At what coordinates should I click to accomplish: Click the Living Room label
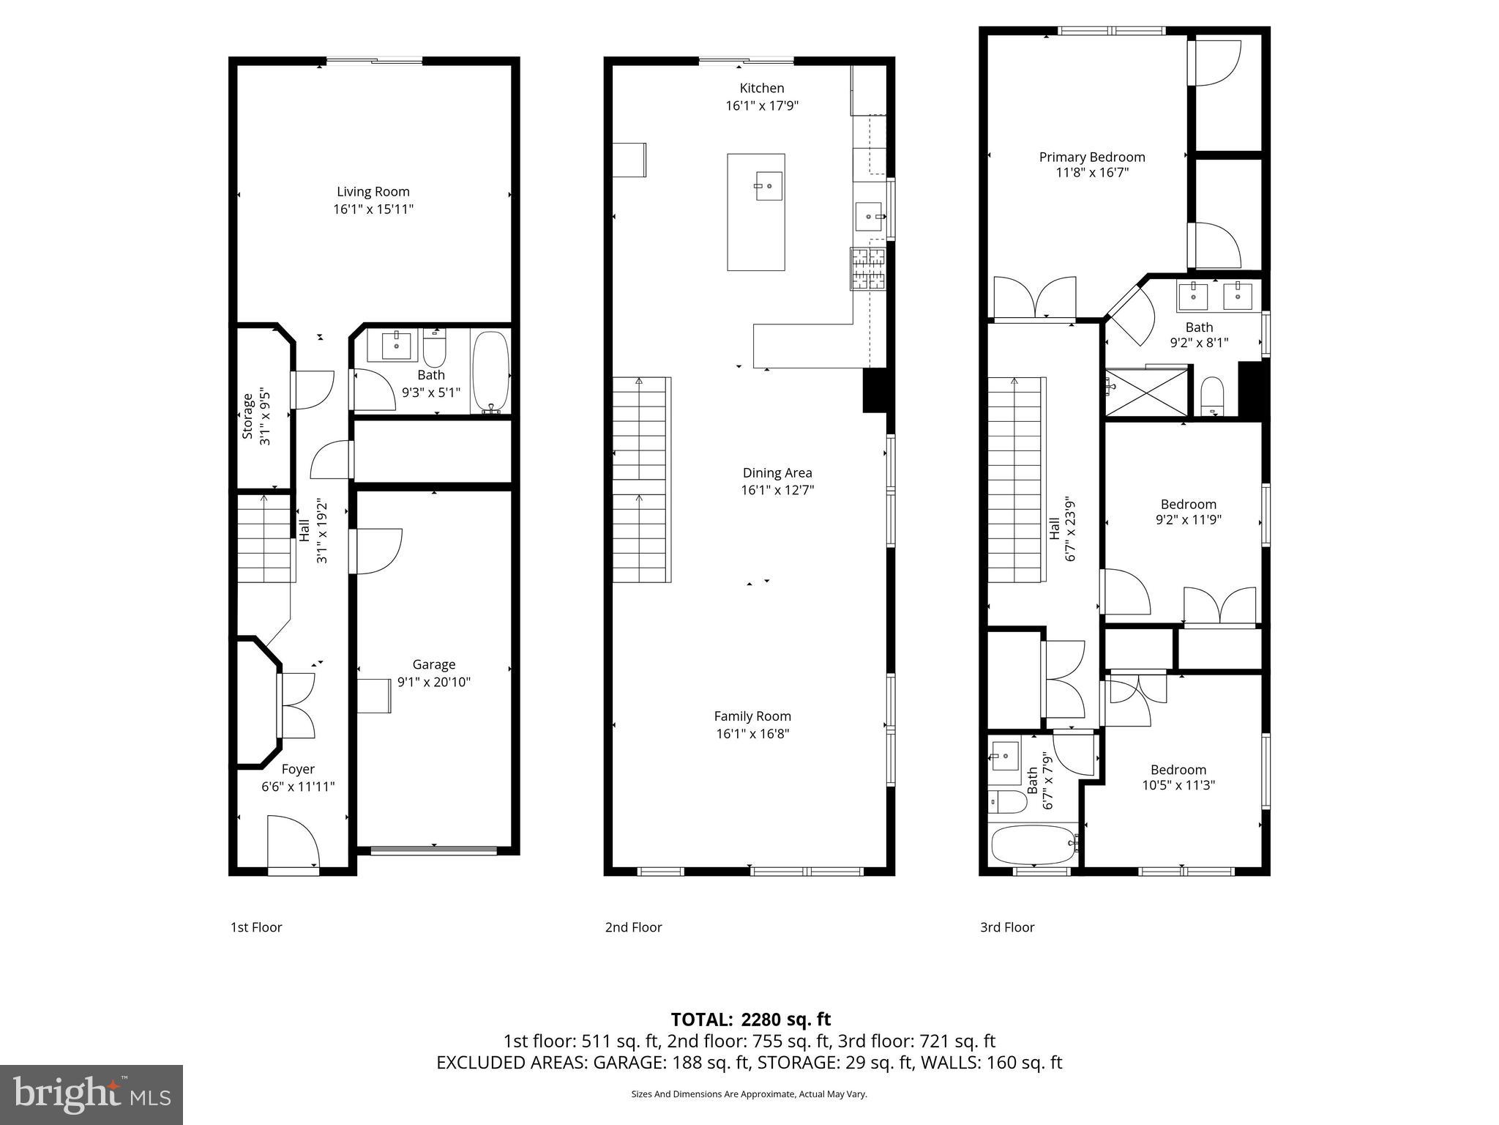point(373,192)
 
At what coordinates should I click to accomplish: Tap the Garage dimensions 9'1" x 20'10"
point(433,682)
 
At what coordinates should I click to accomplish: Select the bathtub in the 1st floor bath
point(490,372)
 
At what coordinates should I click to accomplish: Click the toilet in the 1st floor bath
point(434,350)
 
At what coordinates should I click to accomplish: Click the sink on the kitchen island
point(769,186)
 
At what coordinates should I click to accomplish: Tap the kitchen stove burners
point(867,269)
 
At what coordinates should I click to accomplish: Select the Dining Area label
point(777,473)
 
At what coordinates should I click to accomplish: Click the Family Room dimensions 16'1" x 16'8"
point(752,734)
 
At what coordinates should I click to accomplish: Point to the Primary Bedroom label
point(1092,157)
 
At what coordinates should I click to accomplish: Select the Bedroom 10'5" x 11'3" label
point(1178,770)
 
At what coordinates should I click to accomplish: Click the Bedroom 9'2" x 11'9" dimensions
point(1188,520)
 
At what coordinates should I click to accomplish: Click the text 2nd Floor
point(633,927)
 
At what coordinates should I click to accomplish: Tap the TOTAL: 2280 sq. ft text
point(750,1020)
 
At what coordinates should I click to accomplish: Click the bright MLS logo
point(91,1094)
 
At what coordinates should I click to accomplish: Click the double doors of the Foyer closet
point(296,705)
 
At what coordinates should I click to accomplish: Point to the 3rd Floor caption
point(1007,927)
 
